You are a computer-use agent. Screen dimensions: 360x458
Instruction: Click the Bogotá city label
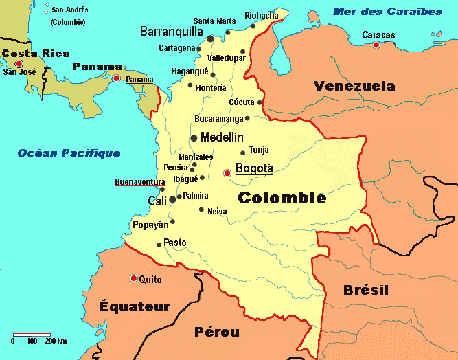(x=254, y=168)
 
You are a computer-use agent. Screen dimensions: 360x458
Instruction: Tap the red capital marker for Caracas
(x=376, y=45)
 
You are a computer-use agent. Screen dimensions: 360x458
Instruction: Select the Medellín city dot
(x=194, y=138)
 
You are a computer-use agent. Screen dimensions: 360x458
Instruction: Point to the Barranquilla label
(x=171, y=32)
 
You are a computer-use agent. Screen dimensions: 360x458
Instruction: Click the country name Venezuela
(x=354, y=86)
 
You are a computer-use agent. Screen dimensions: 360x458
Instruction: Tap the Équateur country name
(x=134, y=306)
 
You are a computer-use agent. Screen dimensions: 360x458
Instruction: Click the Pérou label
(x=217, y=332)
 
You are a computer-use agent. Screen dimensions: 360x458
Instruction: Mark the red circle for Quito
(x=133, y=278)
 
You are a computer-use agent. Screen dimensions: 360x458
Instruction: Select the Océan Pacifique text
(x=69, y=153)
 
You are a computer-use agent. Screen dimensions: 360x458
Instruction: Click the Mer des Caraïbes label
(x=387, y=12)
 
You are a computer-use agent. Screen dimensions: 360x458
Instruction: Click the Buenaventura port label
(x=139, y=182)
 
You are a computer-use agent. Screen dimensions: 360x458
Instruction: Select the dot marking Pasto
(x=159, y=245)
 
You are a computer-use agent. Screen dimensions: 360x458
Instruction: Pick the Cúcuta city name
(x=241, y=102)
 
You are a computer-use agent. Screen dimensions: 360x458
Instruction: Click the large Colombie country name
(x=282, y=198)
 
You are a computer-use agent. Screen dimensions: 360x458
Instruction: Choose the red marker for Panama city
(x=117, y=79)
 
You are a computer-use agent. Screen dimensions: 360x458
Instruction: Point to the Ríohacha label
(x=262, y=15)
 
